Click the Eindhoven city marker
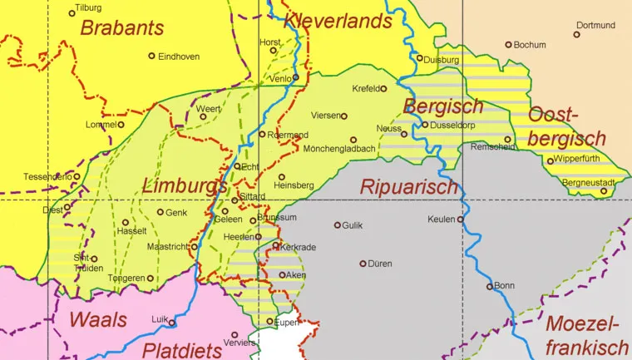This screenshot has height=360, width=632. point(151,57)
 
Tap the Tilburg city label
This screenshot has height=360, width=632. point(88,7)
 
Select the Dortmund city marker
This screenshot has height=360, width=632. point(576,35)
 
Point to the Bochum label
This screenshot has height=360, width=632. point(530,45)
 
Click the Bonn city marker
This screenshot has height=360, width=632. point(490,287)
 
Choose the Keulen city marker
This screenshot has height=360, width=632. point(460,219)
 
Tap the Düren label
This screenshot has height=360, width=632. point(379,264)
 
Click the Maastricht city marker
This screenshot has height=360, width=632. point(194,246)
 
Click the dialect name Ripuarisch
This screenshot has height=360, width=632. point(408,187)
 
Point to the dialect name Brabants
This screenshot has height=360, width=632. point(122,28)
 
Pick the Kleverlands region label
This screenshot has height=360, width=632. point(338,20)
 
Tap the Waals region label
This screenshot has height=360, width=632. point(98,320)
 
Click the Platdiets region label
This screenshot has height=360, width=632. point(181,348)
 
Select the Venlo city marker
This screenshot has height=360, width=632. point(294,78)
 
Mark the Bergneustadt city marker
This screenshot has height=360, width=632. point(605,191)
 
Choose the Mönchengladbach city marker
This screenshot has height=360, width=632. point(353,140)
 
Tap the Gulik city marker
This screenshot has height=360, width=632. point(338,225)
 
